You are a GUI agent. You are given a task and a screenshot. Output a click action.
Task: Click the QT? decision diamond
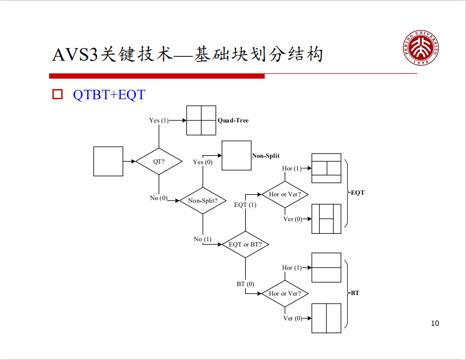pyautogui.click(x=159, y=162)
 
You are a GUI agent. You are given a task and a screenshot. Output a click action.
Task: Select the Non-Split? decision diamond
pyautogui.click(x=203, y=201)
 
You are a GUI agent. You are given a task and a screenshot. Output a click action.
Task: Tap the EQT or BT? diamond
pyautogui.click(x=245, y=244)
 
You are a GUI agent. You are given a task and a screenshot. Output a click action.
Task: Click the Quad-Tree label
pyautogui.click(x=233, y=120)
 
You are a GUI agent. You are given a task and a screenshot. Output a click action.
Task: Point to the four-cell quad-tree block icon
pyautogui.click(x=201, y=120)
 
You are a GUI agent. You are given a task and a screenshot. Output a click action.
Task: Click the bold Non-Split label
pyautogui.click(x=266, y=156)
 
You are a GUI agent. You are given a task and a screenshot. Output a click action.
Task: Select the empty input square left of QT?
pyautogui.click(x=108, y=162)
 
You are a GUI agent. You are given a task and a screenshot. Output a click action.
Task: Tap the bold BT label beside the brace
pyautogui.click(x=355, y=292)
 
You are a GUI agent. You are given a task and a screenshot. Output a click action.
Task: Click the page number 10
pyautogui.click(x=435, y=323)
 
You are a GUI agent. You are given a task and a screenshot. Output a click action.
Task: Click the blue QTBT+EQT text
pyautogui.click(x=109, y=95)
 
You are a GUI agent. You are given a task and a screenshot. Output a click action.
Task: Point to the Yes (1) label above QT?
pyautogui.click(x=159, y=120)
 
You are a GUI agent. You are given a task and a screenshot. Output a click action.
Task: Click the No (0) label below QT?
pyautogui.click(x=159, y=198)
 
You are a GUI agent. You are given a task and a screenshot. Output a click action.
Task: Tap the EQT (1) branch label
pyautogui.click(x=245, y=205)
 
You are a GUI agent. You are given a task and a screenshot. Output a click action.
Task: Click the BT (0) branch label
pyautogui.click(x=245, y=284)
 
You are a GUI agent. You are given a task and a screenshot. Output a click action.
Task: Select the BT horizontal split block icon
pyautogui.click(x=326, y=268)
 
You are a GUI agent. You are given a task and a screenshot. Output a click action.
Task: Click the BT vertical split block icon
pyautogui.click(x=326, y=318)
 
